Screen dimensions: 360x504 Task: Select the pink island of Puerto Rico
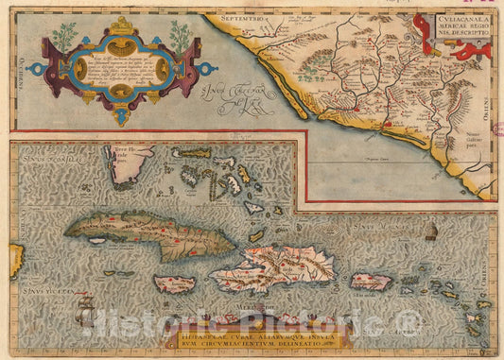coord(371,281)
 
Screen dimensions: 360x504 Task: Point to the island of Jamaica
coord(175,283)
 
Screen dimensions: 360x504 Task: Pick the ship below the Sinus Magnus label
coord(431,231)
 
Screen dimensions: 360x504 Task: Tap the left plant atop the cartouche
coord(63,36)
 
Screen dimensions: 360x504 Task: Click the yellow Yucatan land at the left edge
coord(16,260)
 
